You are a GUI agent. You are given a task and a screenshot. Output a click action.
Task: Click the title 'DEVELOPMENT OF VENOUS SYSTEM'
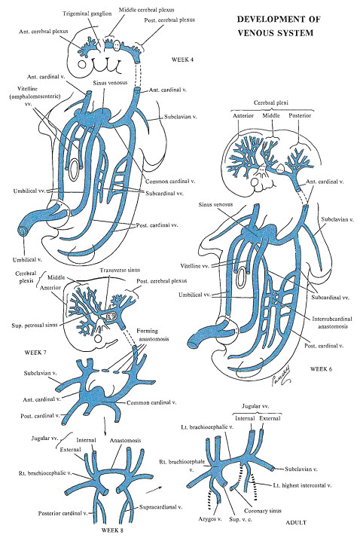(x=278, y=26)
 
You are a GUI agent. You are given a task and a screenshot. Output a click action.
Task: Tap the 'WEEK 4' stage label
(x=182, y=60)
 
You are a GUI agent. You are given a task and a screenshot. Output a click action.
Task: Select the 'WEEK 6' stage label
(x=321, y=369)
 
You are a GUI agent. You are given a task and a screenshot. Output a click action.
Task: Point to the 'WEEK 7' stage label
(x=35, y=353)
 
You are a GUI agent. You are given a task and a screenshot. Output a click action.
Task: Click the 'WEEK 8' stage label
(x=112, y=530)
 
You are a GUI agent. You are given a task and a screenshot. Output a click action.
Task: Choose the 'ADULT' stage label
(x=296, y=522)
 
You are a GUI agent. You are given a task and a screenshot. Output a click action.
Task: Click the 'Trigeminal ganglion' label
(x=87, y=14)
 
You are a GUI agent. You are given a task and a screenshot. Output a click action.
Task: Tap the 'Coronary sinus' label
(x=263, y=510)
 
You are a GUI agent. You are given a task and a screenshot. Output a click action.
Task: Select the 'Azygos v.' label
(x=210, y=518)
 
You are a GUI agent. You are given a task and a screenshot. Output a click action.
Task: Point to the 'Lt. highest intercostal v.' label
(x=302, y=485)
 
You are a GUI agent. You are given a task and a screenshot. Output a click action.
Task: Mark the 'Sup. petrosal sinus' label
(x=34, y=325)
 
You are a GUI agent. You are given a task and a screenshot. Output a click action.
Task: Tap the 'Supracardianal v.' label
(x=160, y=507)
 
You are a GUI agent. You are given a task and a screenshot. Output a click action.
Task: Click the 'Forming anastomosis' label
(x=154, y=335)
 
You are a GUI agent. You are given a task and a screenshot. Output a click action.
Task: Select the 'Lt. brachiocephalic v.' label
(x=207, y=426)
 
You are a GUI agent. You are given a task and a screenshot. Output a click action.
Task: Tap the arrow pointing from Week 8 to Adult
(x=154, y=490)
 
